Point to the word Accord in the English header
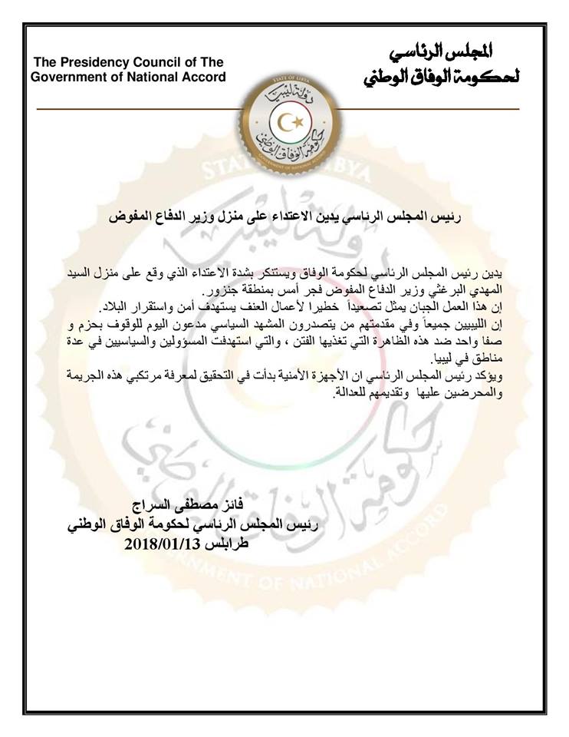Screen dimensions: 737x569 coord(205,77)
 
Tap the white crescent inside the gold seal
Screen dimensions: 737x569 coord(287,122)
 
